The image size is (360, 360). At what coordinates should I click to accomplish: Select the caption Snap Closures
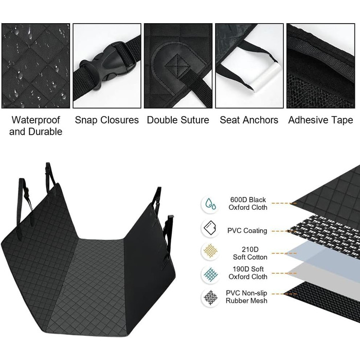click(107, 120)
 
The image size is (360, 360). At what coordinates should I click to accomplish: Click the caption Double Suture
click(178, 120)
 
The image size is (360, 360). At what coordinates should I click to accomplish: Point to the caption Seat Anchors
click(249, 120)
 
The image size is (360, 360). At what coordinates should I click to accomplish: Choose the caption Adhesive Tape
click(320, 120)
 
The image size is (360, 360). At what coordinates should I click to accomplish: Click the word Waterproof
click(35, 120)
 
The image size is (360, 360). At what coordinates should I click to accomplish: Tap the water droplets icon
click(210, 204)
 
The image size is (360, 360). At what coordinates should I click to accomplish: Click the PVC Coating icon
click(210, 228)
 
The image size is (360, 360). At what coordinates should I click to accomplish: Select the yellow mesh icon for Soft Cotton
click(210, 251)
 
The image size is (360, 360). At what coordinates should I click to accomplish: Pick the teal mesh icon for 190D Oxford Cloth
click(210, 274)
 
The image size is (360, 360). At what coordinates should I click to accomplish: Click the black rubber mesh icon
click(210, 298)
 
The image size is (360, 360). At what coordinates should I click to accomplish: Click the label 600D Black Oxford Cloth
click(248, 204)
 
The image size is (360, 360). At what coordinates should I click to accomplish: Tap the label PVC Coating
click(247, 230)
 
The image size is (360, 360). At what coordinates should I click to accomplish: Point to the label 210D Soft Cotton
click(250, 253)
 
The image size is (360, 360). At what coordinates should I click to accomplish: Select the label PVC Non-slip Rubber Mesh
click(246, 297)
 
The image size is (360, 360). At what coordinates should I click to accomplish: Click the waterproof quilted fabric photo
click(35, 66)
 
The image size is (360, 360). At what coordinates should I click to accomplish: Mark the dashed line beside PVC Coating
click(284, 231)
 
